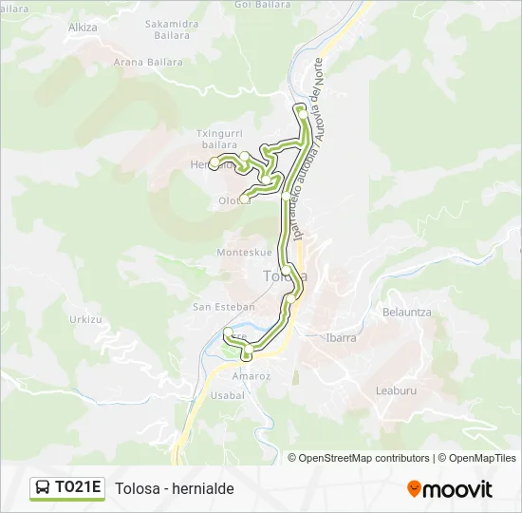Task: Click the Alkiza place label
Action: coord(83,28)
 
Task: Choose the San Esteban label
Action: coord(224,307)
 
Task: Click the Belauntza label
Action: coord(406,312)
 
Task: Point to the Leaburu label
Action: coord(396,389)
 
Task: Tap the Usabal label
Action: coord(227,394)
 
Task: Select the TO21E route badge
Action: coord(67,488)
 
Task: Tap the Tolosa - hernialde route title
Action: coord(175,488)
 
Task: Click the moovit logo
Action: coord(450,488)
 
